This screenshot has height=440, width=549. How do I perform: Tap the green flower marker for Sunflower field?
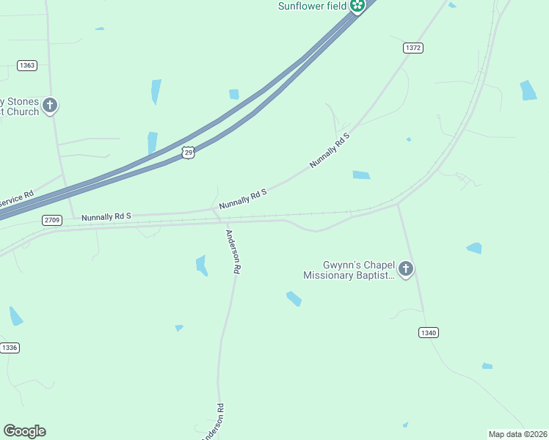pyautogui.click(x=357, y=7)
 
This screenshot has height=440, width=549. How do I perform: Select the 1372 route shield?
pyautogui.click(x=413, y=48)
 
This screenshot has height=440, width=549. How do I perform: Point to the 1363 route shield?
pyautogui.click(x=27, y=65)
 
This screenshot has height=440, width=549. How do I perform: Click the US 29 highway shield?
pyautogui.click(x=189, y=153)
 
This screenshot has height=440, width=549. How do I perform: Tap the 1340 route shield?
pyautogui.click(x=429, y=332)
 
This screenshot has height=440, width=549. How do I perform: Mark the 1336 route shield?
pyautogui.click(x=9, y=348)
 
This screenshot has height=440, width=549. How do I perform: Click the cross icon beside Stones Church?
pyautogui.click(x=50, y=106)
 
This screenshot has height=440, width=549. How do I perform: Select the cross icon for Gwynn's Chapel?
pyautogui.click(x=405, y=270)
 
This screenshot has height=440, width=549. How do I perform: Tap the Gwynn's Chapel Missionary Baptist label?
pyautogui.click(x=349, y=270)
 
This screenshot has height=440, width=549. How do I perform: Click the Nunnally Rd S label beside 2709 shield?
pyautogui.click(x=106, y=217)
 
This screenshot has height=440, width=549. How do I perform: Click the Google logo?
pyautogui.click(x=24, y=431)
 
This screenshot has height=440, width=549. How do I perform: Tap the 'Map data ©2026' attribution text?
pyautogui.click(x=517, y=434)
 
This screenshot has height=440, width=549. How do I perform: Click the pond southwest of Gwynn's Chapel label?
pyautogui.click(x=294, y=298)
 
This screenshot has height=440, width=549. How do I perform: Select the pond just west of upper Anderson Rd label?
pyautogui.click(x=201, y=265)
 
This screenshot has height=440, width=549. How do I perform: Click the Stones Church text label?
pyautogui.click(x=19, y=106)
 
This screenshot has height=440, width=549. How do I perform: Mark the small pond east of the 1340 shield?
pyautogui.click(x=487, y=365)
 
